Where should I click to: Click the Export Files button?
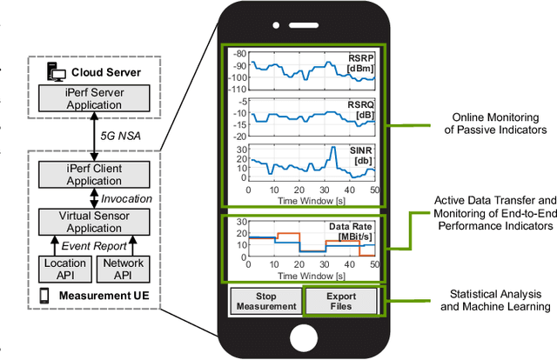point(340,301)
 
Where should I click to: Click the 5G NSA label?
point(119,137)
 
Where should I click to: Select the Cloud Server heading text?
point(107,72)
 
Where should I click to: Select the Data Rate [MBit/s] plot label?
point(351,231)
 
